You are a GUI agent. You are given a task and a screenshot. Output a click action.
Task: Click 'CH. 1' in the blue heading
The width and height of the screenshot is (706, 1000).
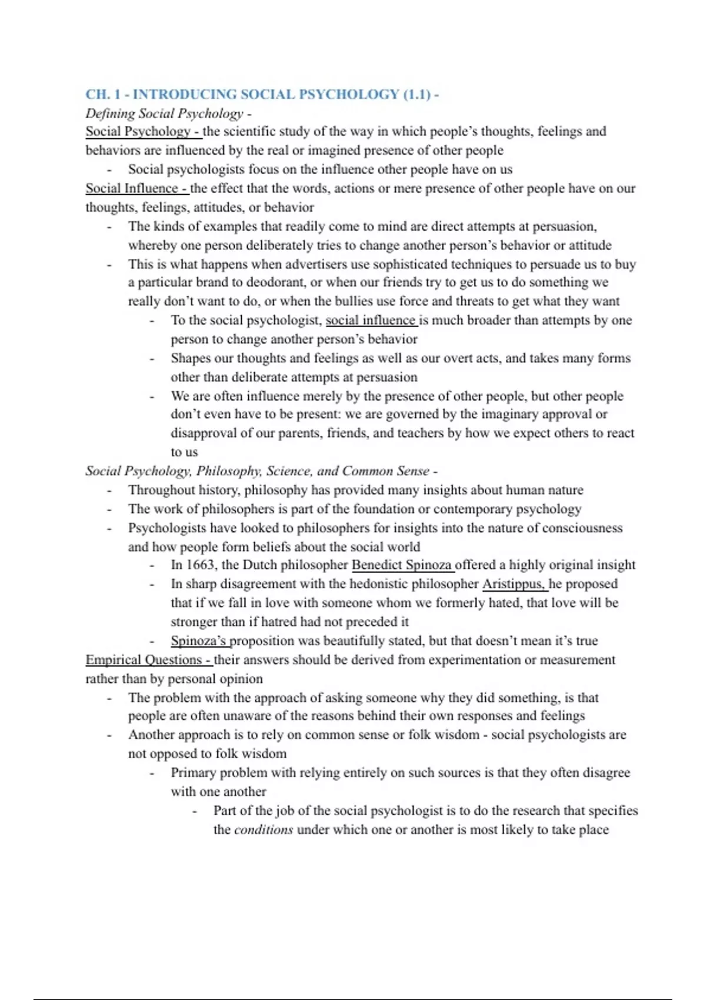pyautogui.click(x=103, y=94)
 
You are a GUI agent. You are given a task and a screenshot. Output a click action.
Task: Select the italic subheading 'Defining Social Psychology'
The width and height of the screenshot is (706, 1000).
pyautogui.click(x=164, y=113)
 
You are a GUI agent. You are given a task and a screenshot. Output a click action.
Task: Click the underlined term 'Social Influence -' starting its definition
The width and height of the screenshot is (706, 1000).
pyautogui.click(x=136, y=188)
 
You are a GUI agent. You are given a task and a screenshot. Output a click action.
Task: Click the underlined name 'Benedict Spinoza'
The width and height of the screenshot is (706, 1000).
pyautogui.click(x=402, y=565)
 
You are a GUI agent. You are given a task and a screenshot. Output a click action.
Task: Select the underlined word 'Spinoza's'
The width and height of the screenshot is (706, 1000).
pyautogui.click(x=199, y=641)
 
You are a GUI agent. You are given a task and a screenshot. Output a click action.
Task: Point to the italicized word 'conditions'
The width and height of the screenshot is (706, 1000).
pyautogui.click(x=264, y=829)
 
